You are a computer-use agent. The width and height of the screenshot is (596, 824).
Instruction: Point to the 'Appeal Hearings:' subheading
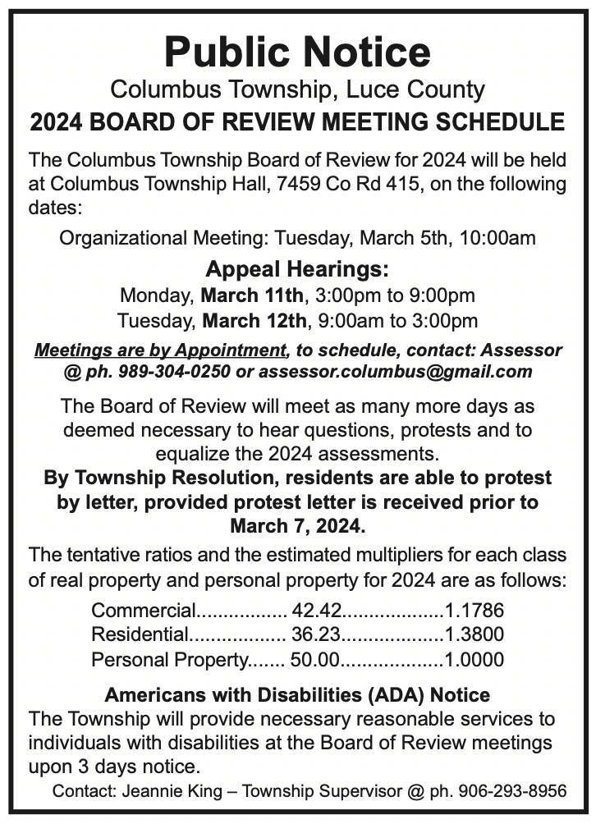tap(297, 268)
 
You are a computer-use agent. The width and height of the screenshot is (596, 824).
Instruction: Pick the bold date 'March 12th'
tap(254, 319)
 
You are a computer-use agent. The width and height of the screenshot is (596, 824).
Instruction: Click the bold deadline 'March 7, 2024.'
tap(297, 522)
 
